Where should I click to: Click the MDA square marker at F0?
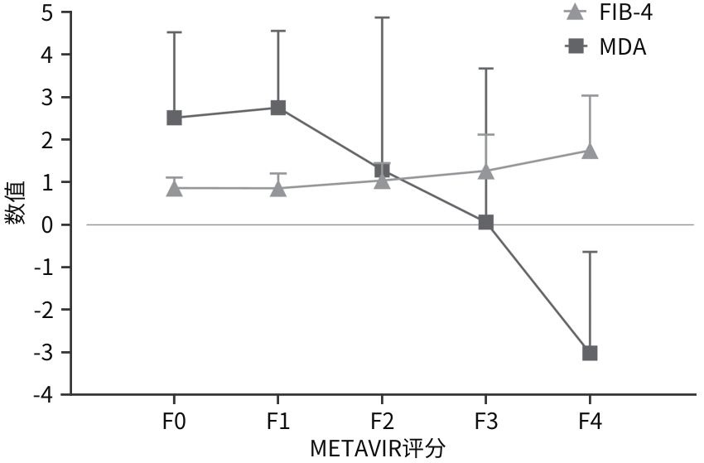point(174,118)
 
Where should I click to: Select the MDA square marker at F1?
point(278,108)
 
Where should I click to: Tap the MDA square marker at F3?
point(486,222)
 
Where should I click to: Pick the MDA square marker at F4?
point(590,353)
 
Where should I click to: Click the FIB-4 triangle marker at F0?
point(174,189)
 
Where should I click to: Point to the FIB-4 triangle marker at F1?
point(278,189)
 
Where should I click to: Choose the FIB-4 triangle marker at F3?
point(486,171)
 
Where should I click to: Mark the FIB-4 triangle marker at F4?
point(590,151)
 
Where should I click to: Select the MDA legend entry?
point(605,47)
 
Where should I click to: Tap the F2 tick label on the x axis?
point(382,422)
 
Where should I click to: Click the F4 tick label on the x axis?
point(590,422)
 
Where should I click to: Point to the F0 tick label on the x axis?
point(174,422)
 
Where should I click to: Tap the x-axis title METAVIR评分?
point(378,449)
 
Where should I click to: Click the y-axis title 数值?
point(14,203)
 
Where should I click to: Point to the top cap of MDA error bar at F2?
point(382,17)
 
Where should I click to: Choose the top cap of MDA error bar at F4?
point(590,252)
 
